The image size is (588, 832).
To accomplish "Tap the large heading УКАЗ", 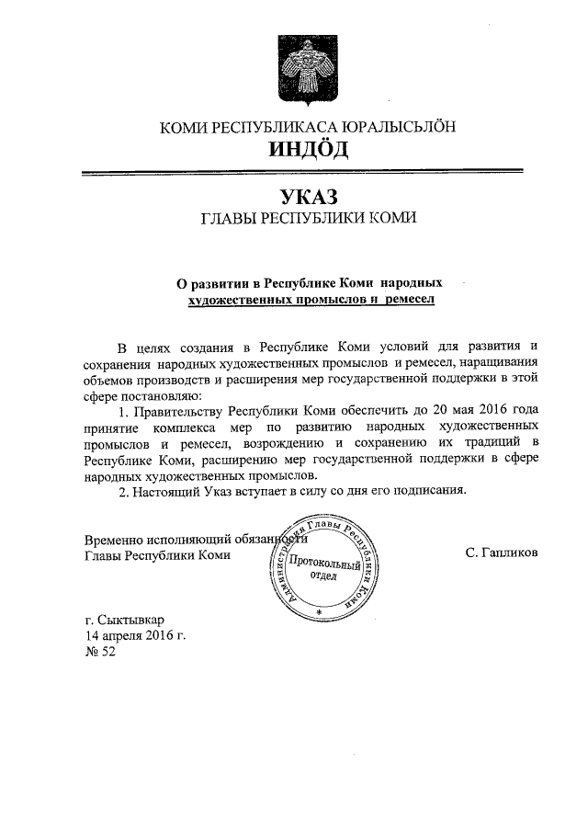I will point(308,197).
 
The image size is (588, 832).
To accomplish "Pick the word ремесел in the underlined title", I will point(404,299).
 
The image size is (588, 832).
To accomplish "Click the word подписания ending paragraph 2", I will point(430,490).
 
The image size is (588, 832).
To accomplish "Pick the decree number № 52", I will point(100,651).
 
